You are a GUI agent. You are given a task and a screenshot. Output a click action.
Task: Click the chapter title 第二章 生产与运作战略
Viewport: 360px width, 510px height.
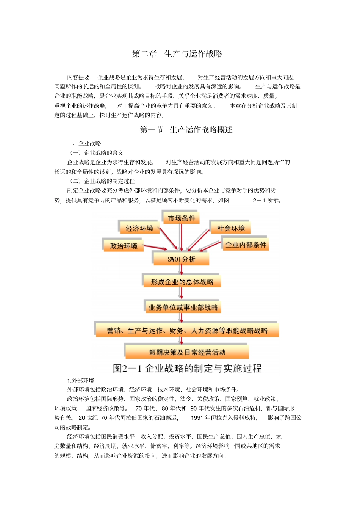[177, 54]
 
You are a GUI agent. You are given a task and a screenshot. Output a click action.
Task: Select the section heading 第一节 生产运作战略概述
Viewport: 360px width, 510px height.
[186, 130]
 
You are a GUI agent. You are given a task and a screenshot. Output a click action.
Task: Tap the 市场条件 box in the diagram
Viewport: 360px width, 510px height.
[181, 218]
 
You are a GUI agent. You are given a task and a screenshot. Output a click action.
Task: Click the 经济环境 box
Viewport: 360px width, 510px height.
[139, 228]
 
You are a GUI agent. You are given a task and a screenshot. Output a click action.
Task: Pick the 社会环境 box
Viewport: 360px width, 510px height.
[230, 228]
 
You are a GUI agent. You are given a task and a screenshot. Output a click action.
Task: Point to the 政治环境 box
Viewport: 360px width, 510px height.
[124, 246]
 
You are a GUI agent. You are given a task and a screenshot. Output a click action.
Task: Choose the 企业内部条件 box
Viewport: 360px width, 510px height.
[246, 245]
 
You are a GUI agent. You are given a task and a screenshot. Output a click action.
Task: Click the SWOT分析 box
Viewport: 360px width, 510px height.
[181, 259]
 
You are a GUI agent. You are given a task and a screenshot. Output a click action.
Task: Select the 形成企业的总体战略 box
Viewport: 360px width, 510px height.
[182, 282]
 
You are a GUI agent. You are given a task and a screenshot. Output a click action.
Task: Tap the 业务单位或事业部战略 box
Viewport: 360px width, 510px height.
[183, 308]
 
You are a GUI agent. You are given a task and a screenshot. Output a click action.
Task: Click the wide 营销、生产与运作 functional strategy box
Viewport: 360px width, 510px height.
[187, 331]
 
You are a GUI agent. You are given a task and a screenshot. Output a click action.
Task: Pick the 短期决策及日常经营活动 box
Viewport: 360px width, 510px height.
[187, 352]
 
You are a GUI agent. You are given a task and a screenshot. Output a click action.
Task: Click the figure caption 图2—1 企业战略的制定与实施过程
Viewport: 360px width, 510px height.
[187, 368]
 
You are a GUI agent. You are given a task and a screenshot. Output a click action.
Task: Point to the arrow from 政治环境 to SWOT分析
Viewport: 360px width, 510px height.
[155, 248]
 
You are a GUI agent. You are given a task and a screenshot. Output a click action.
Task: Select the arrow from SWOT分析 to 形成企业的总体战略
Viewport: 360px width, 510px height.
[182, 270]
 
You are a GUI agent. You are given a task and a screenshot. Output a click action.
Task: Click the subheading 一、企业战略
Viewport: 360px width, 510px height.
[84, 143]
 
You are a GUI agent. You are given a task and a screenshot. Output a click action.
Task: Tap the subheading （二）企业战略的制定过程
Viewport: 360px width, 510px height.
[102, 181]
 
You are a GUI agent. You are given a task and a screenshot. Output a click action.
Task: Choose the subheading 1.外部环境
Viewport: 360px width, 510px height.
[81, 381]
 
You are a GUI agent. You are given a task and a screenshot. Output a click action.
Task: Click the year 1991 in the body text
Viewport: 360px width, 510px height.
[197, 418]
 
